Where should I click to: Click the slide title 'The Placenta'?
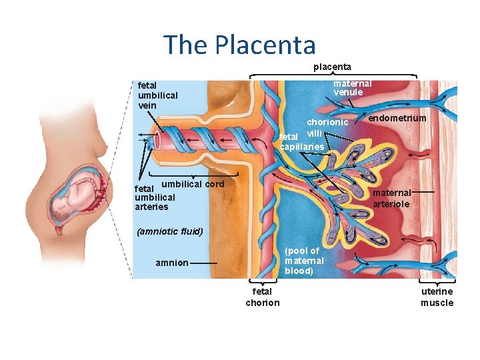click(x=240, y=45)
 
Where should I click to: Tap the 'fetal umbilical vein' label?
click(x=157, y=95)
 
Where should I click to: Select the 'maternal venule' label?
click(x=352, y=87)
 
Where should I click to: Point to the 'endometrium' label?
click(x=397, y=118)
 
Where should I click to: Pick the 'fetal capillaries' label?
click(x=301, y=141)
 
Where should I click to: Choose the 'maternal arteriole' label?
click(x=391, y=198)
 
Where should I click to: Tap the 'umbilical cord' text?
click(x=193, y=183)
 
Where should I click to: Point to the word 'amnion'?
click(x=172, y=263)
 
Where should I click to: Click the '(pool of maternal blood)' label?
click(x=304, y=261)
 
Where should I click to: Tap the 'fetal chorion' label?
click(x=263, y=297)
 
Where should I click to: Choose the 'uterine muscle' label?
click(x=437, y=297)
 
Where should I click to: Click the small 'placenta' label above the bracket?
click(x=333, y=67)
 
